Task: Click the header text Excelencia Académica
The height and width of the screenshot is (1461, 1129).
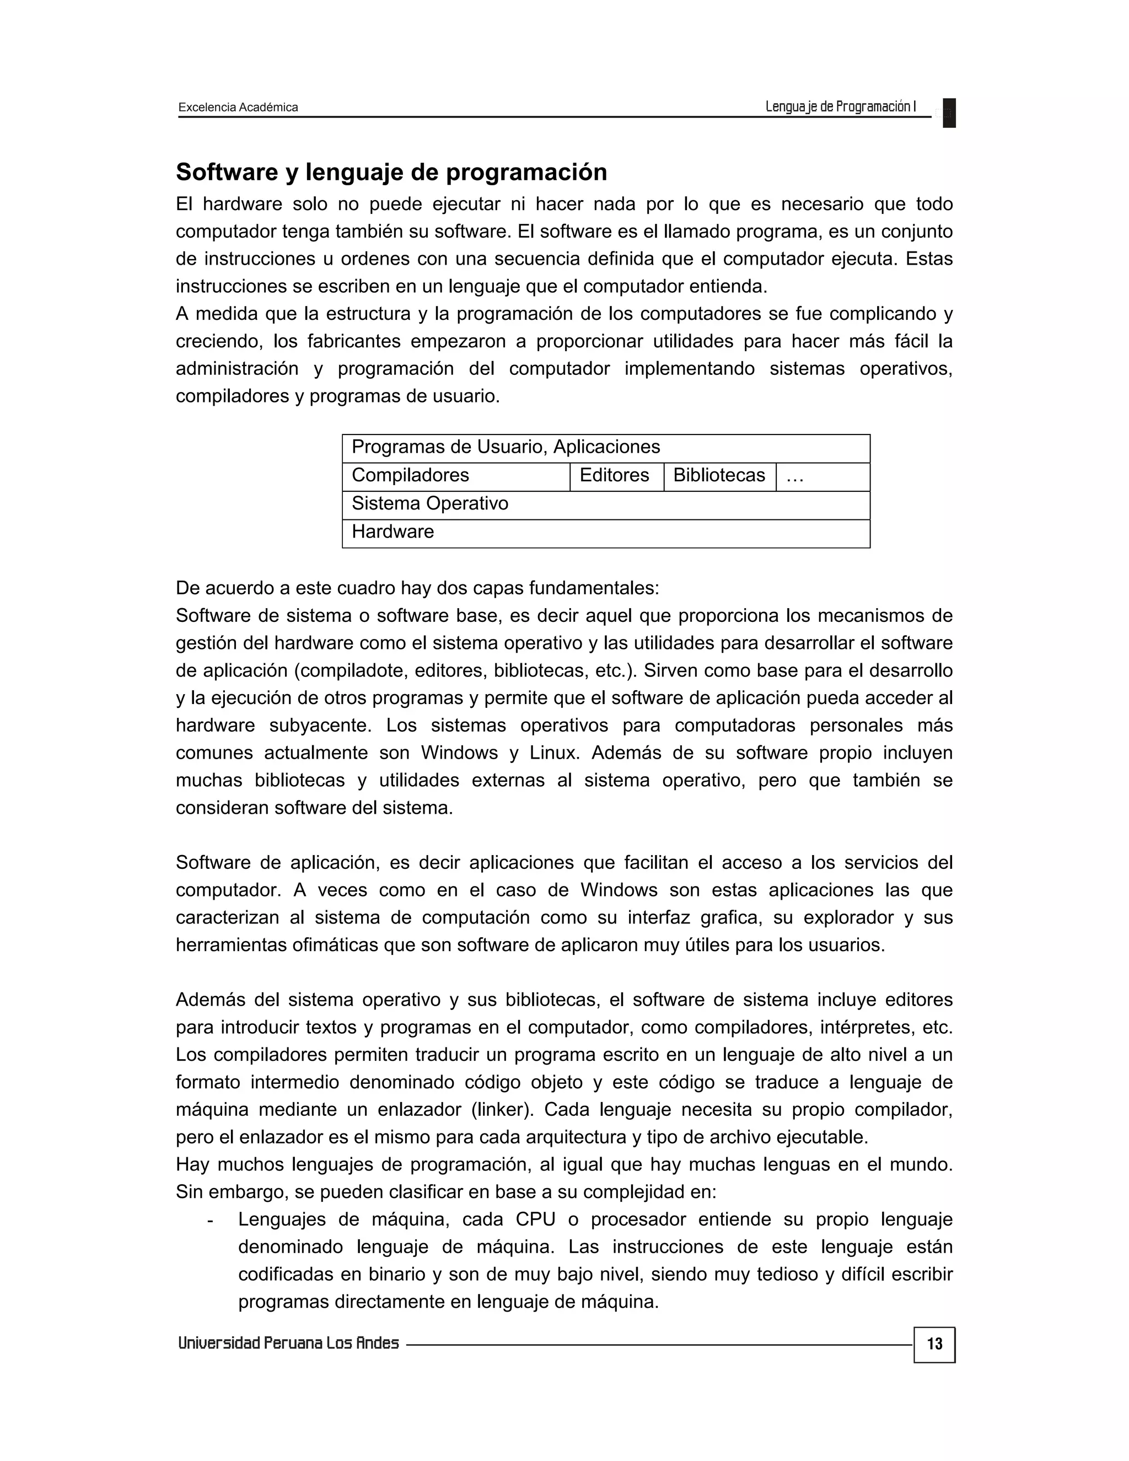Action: (x=238, y=107)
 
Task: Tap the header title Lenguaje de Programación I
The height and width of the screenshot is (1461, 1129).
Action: (x=840, y=106)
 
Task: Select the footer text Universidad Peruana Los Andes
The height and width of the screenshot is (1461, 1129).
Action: (x=288, y=1343)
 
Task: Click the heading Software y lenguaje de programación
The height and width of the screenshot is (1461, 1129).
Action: (x=391, y=172)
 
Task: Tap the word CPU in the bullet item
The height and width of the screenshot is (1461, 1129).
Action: (x=535, y=1220)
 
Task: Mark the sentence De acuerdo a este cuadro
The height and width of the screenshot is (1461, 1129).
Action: (x=417, y=588)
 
